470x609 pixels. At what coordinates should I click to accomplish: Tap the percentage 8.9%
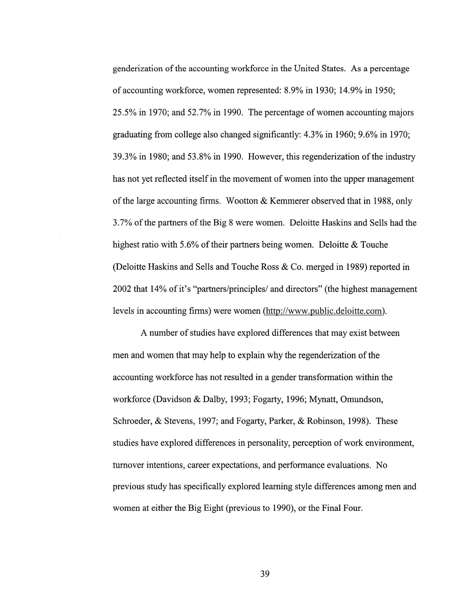tap(293, 90)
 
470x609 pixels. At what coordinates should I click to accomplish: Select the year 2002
tap(122, 289)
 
